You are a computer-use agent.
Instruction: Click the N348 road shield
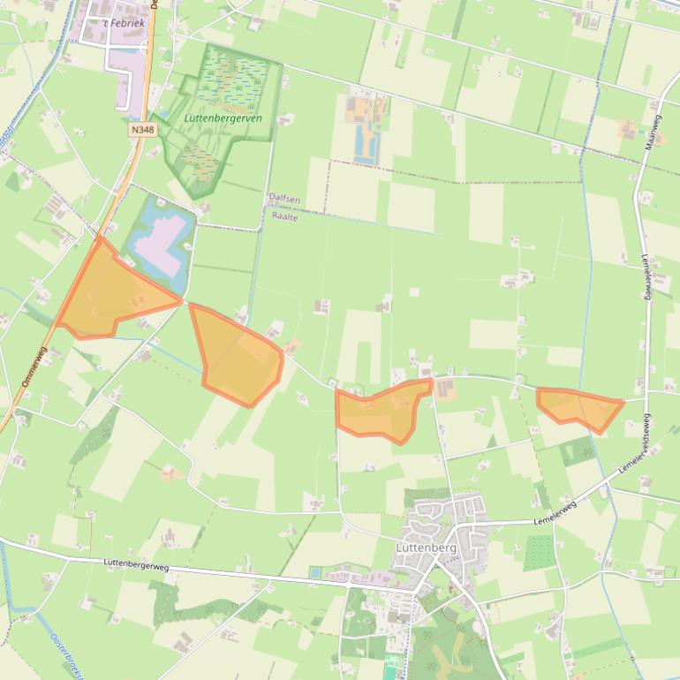tap(140, 129)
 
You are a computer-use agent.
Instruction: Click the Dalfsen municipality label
tap(284, 200)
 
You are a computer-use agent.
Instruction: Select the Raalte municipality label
tap(285, 215)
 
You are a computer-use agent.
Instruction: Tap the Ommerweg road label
tap(32, 369)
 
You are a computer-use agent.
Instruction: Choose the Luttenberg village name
tap(427, 548)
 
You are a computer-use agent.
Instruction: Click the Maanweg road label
tap(654, 131)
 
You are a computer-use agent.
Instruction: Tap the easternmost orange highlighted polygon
tap(580, 407)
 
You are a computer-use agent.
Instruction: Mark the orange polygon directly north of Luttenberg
tap(383, 410)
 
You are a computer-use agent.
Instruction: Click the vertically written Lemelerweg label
tap(646, 283)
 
